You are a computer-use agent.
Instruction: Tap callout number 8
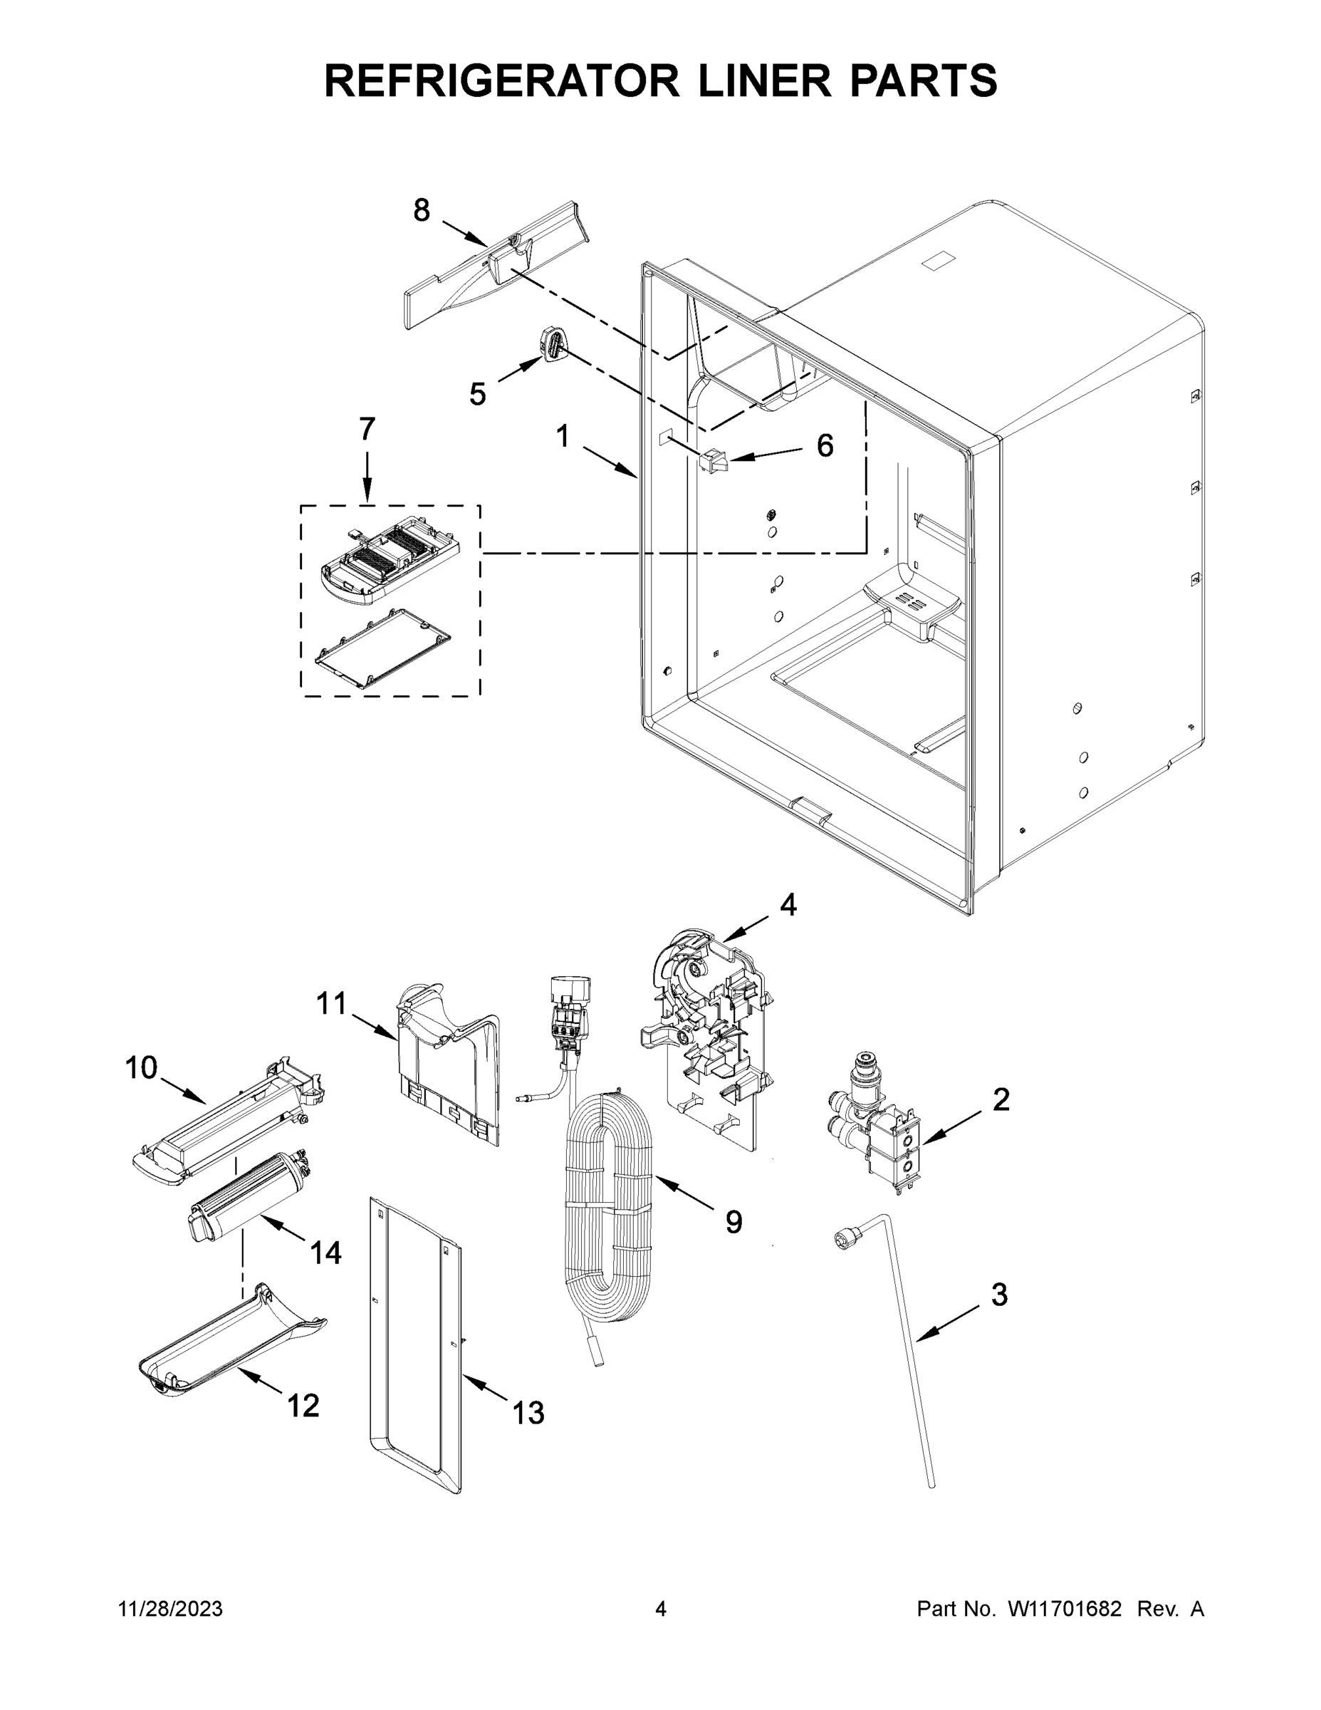(x=422, y=210)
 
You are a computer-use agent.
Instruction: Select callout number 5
(x=477, y=394)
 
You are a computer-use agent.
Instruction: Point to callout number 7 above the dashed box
(x=367, y=429)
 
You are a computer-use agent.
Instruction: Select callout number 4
(x=788, y=905)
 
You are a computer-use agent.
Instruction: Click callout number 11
(x=332, y=1003)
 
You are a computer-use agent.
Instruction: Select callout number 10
(x=142, y=1068)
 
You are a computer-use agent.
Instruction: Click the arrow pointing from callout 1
(x=610, y=462)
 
